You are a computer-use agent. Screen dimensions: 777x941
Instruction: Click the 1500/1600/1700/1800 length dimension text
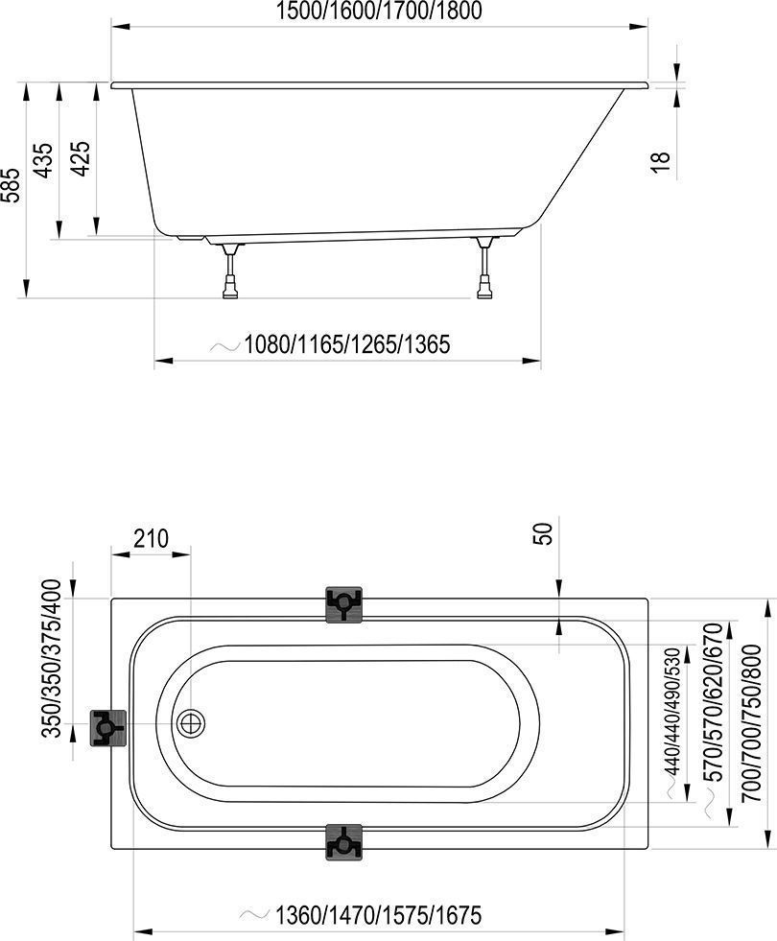tap(379, 11)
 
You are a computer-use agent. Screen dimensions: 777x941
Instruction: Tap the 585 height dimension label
tap(12, 185)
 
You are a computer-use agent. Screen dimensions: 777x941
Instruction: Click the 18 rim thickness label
tap(660, 162)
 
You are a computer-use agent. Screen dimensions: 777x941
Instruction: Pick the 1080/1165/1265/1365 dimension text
tap(347, 344)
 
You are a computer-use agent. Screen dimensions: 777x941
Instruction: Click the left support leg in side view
tap(230, 271)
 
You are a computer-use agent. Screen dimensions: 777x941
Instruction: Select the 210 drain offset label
tap(151, 538)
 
